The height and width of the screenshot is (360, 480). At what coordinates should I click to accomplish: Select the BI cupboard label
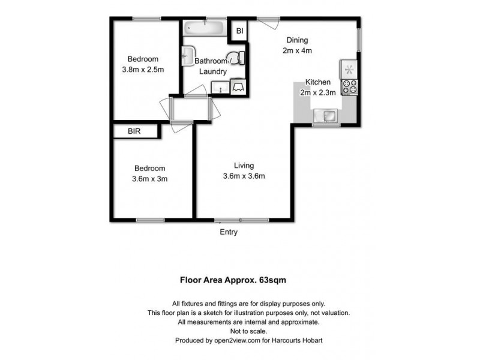239,31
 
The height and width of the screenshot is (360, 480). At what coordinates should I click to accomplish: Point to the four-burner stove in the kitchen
349,87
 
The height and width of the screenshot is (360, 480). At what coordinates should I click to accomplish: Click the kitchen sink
327,115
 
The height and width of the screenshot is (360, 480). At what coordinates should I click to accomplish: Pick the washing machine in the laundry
238,88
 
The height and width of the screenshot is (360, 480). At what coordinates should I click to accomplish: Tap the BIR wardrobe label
134,131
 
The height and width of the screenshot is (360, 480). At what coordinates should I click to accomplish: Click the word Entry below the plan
229,232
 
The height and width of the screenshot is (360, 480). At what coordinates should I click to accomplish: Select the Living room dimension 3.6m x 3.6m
244,176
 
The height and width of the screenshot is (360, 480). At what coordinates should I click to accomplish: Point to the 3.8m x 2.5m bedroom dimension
143,70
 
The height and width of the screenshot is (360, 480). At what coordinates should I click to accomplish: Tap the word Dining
297,41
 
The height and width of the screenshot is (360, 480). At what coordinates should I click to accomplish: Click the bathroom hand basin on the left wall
187,55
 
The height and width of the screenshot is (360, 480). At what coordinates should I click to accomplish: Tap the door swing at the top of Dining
268,22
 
